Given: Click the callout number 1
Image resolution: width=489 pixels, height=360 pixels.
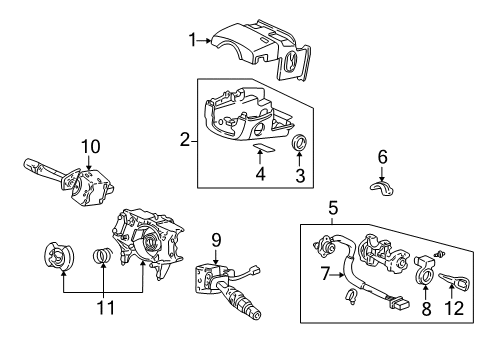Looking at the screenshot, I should pyautogui.click(x=192, y=40).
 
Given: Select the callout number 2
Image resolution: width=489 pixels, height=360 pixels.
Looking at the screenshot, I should pyautogui.click(x=185, y=139).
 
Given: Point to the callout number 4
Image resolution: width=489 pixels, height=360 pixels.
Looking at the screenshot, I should pyautogui.click(x=261, y=173).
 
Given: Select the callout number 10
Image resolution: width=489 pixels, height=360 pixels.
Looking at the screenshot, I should pyautogui.click(x=91, y=147).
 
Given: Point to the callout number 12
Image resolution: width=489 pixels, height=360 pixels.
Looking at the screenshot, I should pyautogui.click(x=459, y=310).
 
